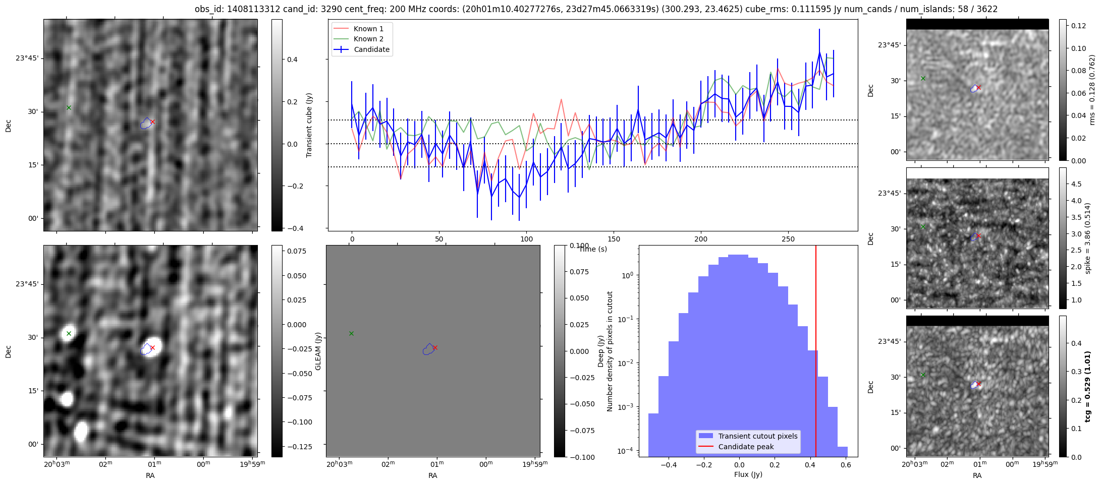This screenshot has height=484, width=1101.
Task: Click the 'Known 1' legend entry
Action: pyautogui.click(x=368, y=29)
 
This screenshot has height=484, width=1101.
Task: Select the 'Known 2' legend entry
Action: pyautogui.click(x=368, y=39)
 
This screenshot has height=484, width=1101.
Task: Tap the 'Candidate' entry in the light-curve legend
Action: pyautogui.click(x=371, y=49)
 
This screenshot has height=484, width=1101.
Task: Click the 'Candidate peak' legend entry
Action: pyautogui.click(x=746, y=447)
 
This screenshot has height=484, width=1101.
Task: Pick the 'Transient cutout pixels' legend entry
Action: pyautogui.click(x=758, y=436)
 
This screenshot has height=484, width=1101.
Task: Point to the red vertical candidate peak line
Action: pyautogui.click(x=816, y=353)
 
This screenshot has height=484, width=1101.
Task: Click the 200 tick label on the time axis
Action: pyautogui.click(x=701, y=239)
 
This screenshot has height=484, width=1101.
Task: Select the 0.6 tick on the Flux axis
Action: pyautogui.click(x=845, y=465)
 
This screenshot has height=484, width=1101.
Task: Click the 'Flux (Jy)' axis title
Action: pyautogui.click(x=748, y=474)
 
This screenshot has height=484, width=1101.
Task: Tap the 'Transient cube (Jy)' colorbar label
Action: pyautogui.click(x=309, y=125)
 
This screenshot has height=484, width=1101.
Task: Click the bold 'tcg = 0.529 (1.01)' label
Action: pyautogui.click(x=1088, y=387)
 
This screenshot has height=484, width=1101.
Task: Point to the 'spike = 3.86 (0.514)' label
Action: pyautogui.click(x=1088, y=238)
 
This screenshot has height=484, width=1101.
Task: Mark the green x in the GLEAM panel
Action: pyautogui.click(x=351, y=333)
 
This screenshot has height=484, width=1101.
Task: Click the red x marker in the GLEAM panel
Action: pyautogui.click(x=435, y=347)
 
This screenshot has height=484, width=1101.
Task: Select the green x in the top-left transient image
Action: pyautogui.click(x=69, y=107)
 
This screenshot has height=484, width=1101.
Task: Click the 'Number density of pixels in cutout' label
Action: pyautogui.click(x=610, y=351)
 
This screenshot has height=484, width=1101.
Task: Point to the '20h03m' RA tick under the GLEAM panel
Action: pyautogui.click(x=339, y=464)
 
